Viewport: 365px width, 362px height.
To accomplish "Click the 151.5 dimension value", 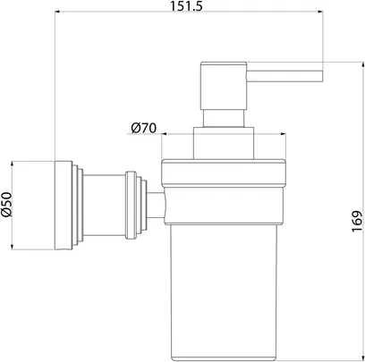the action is click(x=186, y=6).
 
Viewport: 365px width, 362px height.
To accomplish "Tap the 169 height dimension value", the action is click(x=357, y=221).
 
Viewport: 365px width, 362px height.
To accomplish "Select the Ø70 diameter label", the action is click(x=143, y=128).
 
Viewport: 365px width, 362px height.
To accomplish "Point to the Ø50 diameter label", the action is click(x=6, y=204).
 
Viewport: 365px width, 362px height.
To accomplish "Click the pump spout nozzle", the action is click(x=284, y=76).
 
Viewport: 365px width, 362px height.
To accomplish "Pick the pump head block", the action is click(x=224, y=86).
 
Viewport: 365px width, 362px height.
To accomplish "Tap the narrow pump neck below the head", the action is click(x=224, y=119).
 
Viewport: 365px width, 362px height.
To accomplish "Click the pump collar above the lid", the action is click(x=224, y=143).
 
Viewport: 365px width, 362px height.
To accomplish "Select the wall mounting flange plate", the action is click(x=64, y=206).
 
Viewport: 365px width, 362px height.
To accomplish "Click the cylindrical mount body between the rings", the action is click(x=104, y=206).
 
